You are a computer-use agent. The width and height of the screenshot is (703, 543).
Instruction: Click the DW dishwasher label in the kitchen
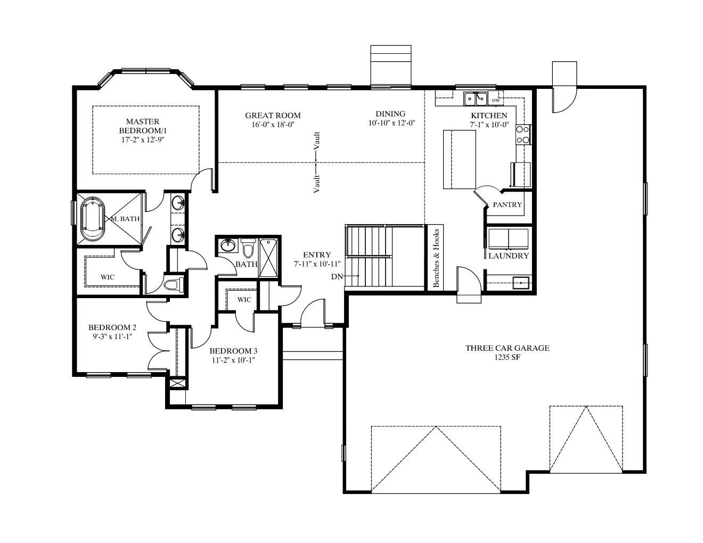[x=496, y=101]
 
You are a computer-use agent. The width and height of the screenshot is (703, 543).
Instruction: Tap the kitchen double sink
[x=476, y=98]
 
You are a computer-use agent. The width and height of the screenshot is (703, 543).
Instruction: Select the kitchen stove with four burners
[x=523, y=135]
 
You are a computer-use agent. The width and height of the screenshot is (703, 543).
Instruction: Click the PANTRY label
[x=507, y=205]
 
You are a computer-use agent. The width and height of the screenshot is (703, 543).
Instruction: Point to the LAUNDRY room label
[x=509, y=256]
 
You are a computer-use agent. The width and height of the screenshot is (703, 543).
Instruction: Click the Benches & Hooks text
[x=436, y=258]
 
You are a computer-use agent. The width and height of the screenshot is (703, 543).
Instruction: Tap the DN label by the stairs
[x=337, y=276]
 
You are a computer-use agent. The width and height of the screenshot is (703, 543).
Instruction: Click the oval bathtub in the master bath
[x=93, y=219]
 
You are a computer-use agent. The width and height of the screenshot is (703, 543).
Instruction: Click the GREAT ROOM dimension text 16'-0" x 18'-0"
[x=273, y=125]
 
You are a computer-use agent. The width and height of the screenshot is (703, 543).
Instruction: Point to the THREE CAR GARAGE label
[x=507, y=348]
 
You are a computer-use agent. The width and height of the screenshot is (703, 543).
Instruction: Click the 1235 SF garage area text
[x=507, y=357]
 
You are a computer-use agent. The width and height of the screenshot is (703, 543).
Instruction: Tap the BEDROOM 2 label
[x=112, y=327]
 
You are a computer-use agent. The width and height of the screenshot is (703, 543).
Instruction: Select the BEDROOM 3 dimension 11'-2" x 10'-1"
[x=234, y=360]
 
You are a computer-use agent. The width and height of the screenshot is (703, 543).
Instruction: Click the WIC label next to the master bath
[x=108, y=277]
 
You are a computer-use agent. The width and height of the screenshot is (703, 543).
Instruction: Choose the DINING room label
[x=390, y=114]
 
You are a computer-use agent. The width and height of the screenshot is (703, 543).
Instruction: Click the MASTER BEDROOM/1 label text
[x=143, y=126]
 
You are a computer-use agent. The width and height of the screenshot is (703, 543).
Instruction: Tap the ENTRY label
[x=317, y=254]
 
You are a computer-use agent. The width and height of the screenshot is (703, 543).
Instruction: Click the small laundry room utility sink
[x=520, y=282]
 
